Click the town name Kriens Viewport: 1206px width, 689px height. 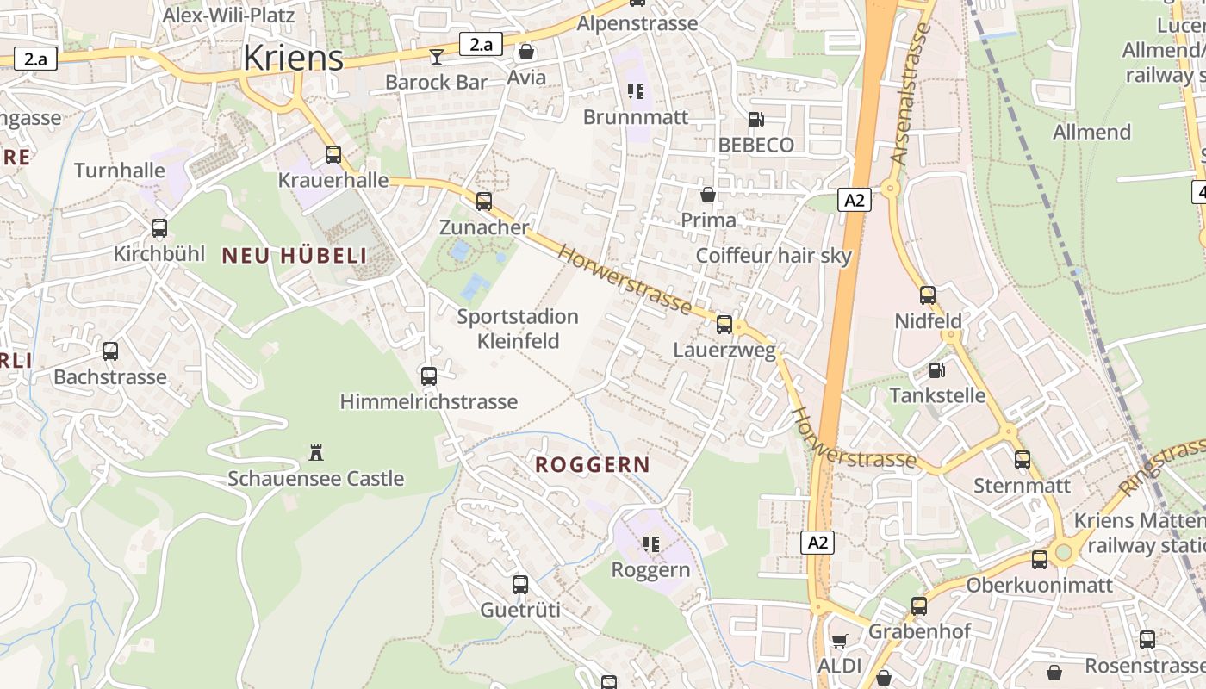pyautogui.click(x=293, y=58)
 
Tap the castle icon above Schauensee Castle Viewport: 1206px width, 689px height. pyautogui.click(x=315, y=452)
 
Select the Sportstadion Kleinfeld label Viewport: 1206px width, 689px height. pyautogui.click(x=518, y=329)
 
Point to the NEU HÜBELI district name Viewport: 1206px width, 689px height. pyautogui.click(x=295, y=255)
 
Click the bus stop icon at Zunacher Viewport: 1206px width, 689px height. pyautogui.click(x=484, y=202)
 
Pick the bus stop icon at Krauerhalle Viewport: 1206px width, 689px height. pyautogui.click(x=333, y=155)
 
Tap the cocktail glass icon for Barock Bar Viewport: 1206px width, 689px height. pyautogui.click(x=437, y=56)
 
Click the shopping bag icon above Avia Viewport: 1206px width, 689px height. pyautogui.click(x=526, y=52)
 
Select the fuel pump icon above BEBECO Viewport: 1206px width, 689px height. pyautogui.click(x=755, y=120)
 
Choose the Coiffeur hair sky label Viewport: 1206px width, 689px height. pyautogui.click(x=773, y=255)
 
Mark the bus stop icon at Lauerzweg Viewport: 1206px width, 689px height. pyautogui.click(x=724, y=325)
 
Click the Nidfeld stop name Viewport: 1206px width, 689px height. pyautogui.click(x=928, y=321)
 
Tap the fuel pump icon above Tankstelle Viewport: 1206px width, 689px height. pyautogui.click(x=936, y=370)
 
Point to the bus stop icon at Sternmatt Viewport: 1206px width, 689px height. pyautogui.click(x=1023, y=460)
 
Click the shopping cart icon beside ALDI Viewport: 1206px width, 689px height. pyautogui.click(x=839, y=641)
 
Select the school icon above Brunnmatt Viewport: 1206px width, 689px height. pyautogui.click(x=636, y=91)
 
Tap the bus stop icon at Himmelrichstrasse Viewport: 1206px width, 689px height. pyautogui.click(x=429, y=376)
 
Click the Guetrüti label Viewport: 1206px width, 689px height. pyautogui.click(x=519, y=611)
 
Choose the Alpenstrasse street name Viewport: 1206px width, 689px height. pyautogui.click(x=637, y=23)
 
